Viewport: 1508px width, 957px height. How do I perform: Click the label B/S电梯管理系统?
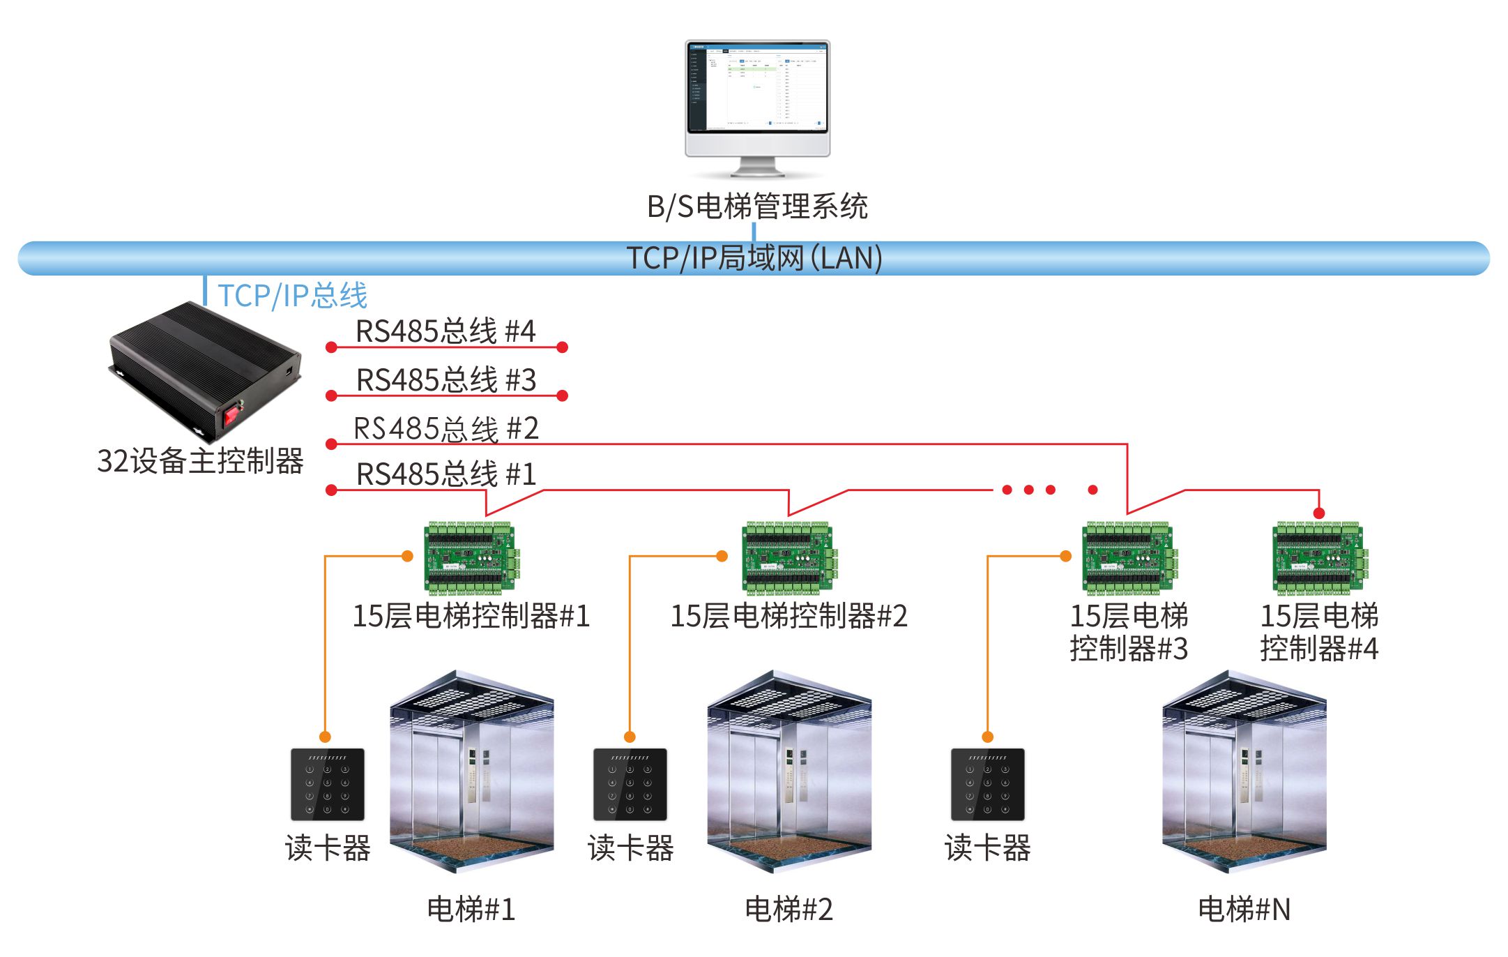pos(757,206)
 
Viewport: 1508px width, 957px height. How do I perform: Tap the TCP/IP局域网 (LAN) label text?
pos(754,258)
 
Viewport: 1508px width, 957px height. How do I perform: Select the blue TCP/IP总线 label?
pos(292,295)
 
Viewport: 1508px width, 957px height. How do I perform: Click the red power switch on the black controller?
pos(231,416)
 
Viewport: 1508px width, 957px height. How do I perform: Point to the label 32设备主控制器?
pos(200,460)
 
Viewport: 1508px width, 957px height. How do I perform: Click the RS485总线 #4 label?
pos(445,331)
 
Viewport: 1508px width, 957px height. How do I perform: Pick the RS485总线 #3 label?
pos(446,380)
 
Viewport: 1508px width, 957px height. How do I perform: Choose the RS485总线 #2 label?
pos(446,428)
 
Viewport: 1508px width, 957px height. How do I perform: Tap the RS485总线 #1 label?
pos(446,474)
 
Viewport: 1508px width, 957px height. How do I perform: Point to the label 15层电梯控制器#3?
pos(1129,632)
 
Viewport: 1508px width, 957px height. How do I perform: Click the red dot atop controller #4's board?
pos(1318,513)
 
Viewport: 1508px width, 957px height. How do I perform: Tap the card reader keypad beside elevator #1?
pos(327,785)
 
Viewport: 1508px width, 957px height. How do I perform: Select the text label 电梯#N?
pos(1244,910)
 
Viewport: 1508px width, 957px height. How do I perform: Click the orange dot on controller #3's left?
pos(1065,556)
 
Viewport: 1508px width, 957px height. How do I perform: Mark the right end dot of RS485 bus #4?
pos(563,347)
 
